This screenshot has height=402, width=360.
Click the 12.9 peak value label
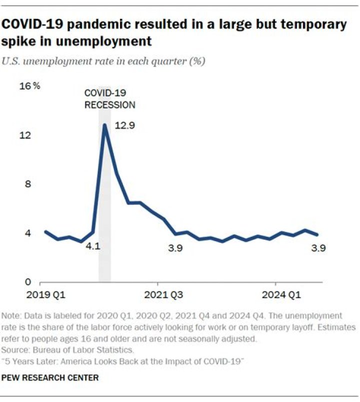[125, 126]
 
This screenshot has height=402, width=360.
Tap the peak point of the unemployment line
[104, 125]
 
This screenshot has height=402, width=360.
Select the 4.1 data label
[91, 246]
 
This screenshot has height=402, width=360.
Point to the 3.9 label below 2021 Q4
[175, 248]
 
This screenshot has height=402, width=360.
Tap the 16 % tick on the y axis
[29, 86]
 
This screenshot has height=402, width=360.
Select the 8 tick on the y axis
[28, 184]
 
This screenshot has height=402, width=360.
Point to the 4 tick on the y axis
[28, 233]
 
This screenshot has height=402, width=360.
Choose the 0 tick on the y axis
[28, 282]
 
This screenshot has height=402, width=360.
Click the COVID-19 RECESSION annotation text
[109, 99]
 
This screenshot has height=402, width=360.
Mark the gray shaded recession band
[104, 200]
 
